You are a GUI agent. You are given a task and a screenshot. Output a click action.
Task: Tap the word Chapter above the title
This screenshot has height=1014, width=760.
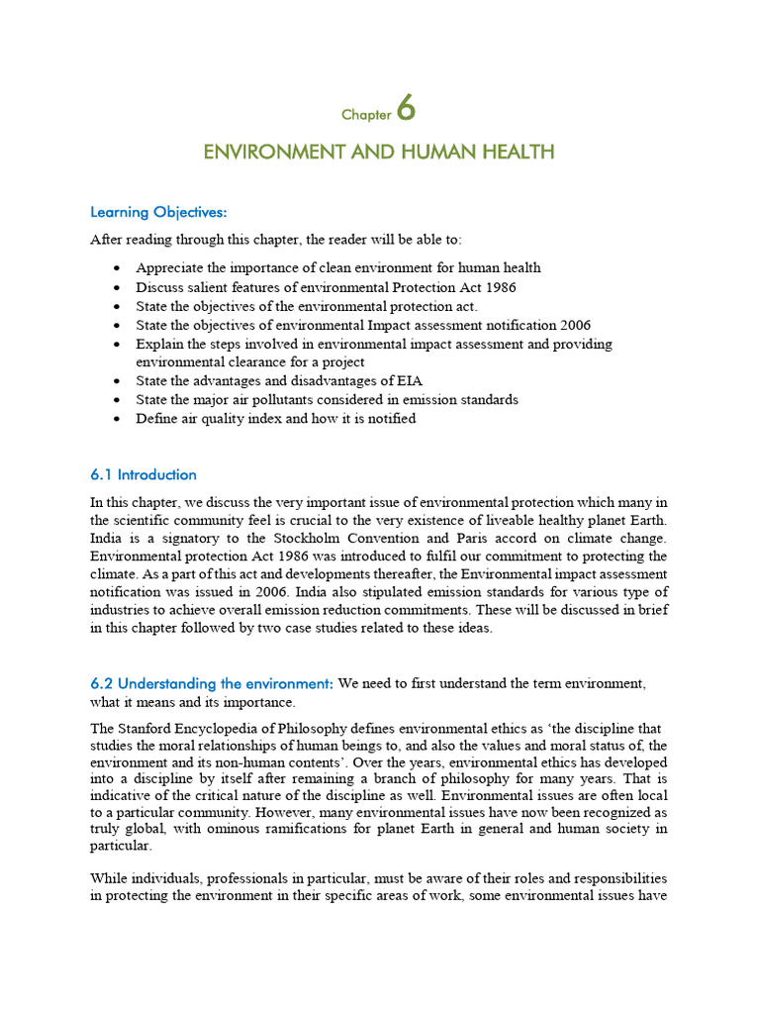click(x=366, y=115)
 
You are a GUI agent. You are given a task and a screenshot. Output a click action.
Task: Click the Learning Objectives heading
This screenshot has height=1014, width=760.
click(x=158, y=212)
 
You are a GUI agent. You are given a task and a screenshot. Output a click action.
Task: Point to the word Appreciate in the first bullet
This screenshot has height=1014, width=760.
click(x=169, y=268)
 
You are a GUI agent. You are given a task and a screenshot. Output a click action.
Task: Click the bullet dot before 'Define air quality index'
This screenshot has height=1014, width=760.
click(x=118, y=419)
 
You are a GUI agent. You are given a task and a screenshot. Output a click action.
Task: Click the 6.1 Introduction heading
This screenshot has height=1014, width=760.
click(x=143, y=474)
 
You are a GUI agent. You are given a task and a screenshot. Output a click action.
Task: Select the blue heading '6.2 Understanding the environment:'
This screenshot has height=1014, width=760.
click(x=212, y=684)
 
